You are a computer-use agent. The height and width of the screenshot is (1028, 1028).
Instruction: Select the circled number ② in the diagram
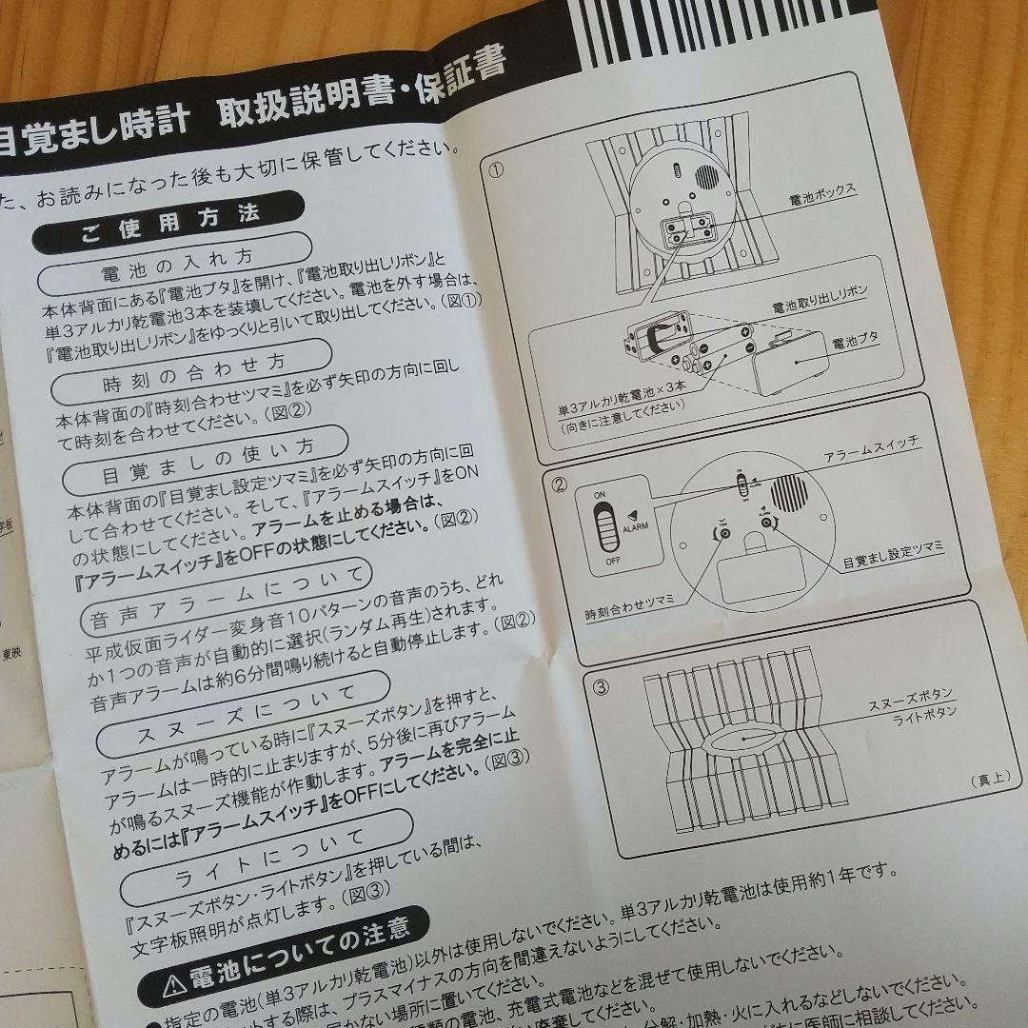click(x=560, y=484)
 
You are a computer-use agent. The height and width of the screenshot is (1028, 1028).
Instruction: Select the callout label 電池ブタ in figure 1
click(x=854, y=343)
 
